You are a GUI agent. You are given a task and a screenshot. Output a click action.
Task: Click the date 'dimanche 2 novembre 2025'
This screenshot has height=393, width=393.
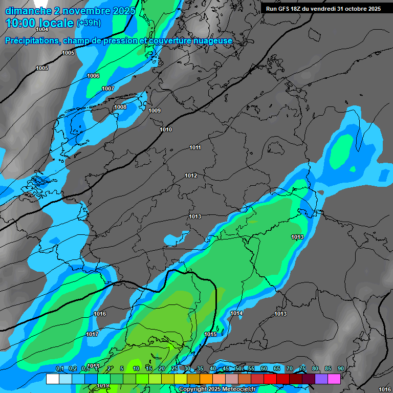(x=70, y=10)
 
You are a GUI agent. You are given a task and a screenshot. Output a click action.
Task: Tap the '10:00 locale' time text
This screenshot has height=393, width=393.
(x=39, y=23)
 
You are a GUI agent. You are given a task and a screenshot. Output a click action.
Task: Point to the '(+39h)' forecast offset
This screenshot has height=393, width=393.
(x=89, y=23)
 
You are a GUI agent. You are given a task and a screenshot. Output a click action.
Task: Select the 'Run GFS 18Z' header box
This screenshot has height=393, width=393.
(x=323, y=8)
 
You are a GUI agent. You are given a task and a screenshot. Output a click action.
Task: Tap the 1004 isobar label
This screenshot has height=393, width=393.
(x=42, y=30)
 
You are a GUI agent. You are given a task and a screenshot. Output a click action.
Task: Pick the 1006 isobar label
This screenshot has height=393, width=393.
(x=93, y=76)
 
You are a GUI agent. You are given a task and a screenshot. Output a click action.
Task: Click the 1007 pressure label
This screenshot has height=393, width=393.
(x=108, y=89)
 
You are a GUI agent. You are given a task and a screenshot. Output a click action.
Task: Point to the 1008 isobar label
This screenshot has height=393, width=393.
(x=120, y=107)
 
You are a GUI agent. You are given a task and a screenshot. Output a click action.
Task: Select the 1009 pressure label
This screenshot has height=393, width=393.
(x=155, y=111)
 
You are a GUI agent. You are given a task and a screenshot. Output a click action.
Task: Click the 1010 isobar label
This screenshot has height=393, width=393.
(x=166, y=129)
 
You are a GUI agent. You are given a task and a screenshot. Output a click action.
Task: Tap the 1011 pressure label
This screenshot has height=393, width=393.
(x=195, y=148)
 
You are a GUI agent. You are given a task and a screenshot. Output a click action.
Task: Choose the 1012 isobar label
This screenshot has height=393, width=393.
(x=191, y=176)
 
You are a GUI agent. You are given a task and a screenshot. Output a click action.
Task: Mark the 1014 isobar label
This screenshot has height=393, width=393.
(x=236, y=313)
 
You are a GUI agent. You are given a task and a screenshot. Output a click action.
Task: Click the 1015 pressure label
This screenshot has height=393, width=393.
(x=210, y=335)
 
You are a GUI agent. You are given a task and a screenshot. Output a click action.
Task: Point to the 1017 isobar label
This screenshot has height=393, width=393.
(x=92, y=334)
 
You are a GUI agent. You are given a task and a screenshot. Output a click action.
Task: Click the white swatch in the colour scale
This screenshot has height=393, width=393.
(x=52, y=379)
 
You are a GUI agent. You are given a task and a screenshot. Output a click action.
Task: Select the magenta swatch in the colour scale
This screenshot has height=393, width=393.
(x=334, y=379)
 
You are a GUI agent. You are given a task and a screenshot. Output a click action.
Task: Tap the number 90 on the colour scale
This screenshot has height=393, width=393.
(x=340, y=368)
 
